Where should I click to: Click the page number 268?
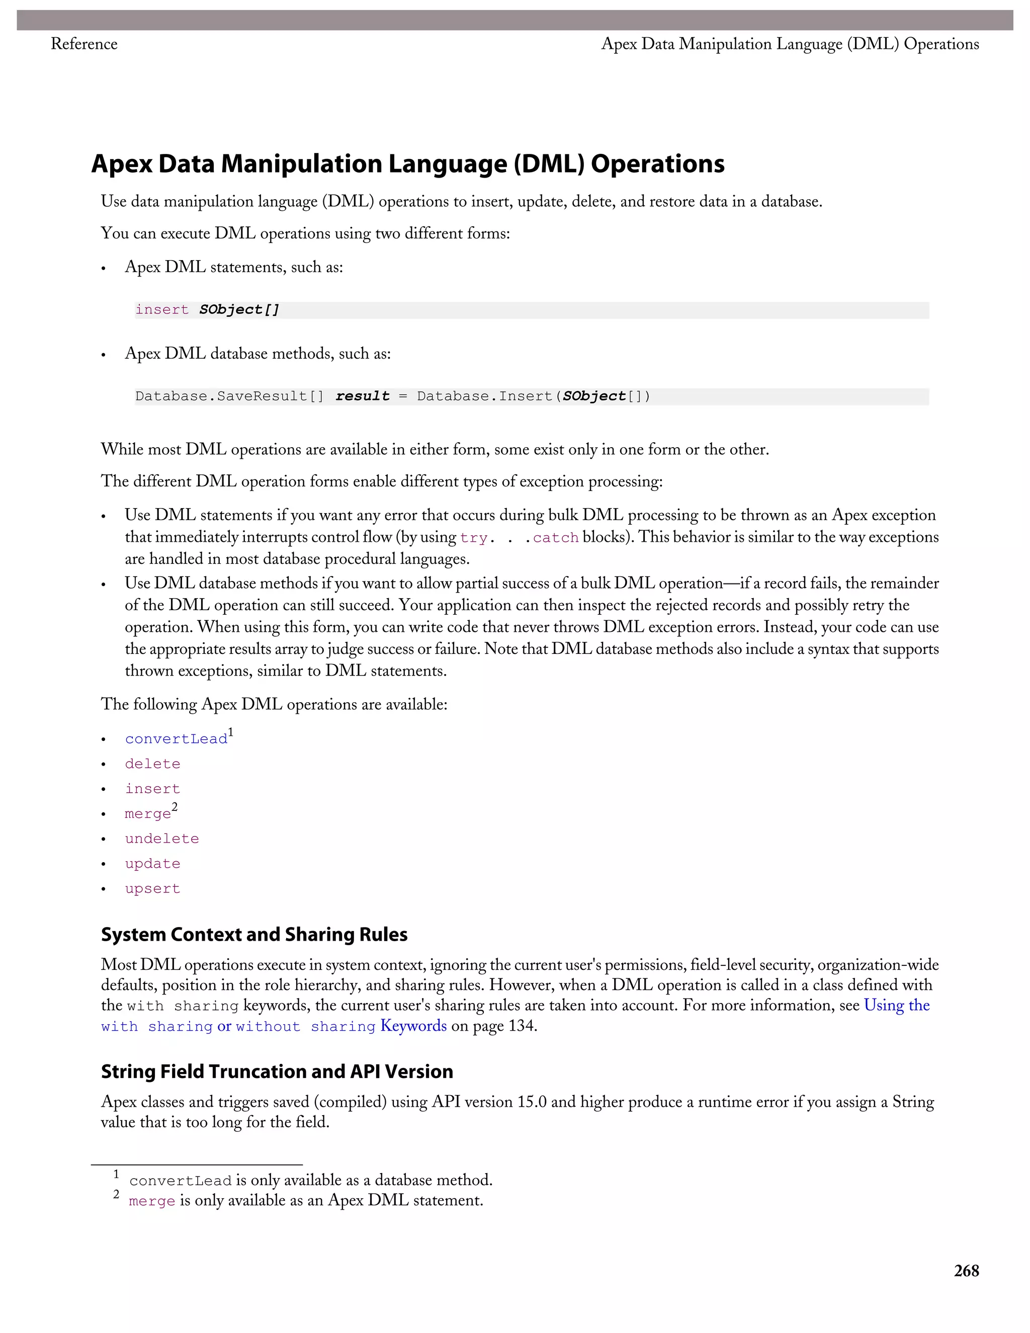966,1271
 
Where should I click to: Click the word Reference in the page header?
83,44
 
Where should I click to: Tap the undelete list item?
162,839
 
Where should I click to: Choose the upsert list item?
152,889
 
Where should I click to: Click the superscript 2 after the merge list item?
175,807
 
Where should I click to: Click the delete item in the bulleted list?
152,764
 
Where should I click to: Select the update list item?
152,864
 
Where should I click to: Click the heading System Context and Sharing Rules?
254,935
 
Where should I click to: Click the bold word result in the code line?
363,396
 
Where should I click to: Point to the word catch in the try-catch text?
555,538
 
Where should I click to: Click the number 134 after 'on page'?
521,1026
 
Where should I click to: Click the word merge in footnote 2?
152,1201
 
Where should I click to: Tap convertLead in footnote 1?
180,1181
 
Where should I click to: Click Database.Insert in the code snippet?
482,396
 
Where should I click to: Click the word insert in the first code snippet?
162,310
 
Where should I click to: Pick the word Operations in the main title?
657,163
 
